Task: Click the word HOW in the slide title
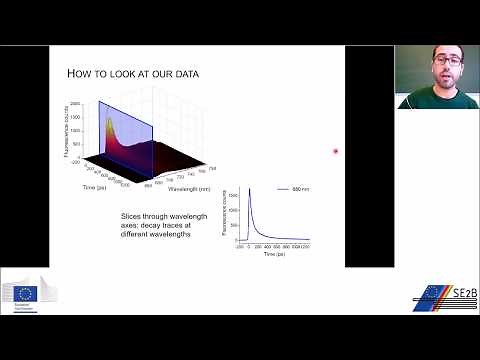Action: pyautogui.click(x=79, y=74)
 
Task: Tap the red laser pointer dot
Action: pyautogui.click(x=336, y=151)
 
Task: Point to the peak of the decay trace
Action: pyautogui.click(x=247, y=189)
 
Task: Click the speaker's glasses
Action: pyautogui.click(x=446, y=60)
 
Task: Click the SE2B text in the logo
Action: pyautogui.click(x=455, y=293)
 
